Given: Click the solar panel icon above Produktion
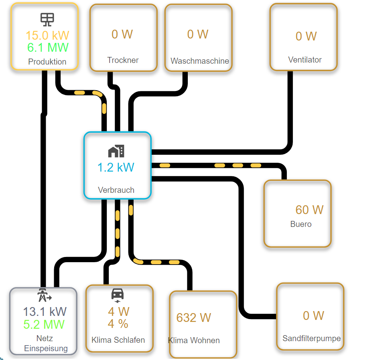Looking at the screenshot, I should click(x=47, y=19).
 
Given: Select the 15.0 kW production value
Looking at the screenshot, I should click(x=47, y=35).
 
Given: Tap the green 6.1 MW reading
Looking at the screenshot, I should click(x=48, y=48).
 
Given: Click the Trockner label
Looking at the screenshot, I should click(x=123, y=60).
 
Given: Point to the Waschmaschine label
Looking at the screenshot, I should click(x=200, y=61).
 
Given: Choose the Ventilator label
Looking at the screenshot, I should click(x=305, y=60).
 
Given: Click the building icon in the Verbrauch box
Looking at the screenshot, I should click(x=116, y=151).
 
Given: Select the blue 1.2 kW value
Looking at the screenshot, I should click(x=116, y=167).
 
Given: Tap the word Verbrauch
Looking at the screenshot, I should click(x=116, y=190).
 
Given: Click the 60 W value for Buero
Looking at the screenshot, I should click(x=309, y=210).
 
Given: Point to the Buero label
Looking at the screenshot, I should click(x=301, y=224).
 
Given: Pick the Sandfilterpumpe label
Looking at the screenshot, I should click(x=311, y=338).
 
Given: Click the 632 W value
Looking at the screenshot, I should click(x=193, y=318).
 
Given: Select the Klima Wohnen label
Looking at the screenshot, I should click(x=194, y=340).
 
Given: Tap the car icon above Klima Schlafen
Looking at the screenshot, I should click(x=117, y=295).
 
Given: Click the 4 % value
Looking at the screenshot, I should click(x=118, y=324).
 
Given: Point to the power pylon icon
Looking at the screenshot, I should click(x=44, y=295).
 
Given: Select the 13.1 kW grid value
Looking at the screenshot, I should click(x=45, y=311).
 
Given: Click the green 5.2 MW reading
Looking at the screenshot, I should click(x=44, y=324).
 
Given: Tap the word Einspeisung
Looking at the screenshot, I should click(x=46, y=348).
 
